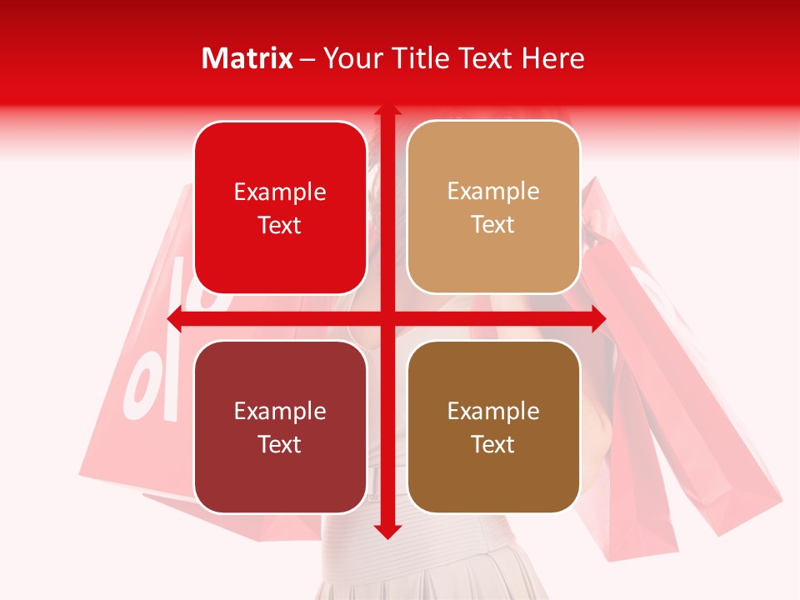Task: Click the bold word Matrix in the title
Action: point(247,57)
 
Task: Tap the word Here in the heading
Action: point(553,57)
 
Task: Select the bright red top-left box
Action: point(280,207)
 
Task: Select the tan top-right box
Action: point(493,207)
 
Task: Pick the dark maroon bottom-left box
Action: point(280,427)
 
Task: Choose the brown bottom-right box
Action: point(493,427)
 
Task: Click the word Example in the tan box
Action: point(493,191)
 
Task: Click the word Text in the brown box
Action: point(493,444)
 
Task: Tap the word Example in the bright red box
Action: point(280,192)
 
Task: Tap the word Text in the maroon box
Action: point(280,444)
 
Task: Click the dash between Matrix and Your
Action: point(307,58)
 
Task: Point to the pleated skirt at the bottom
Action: point(400,575)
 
